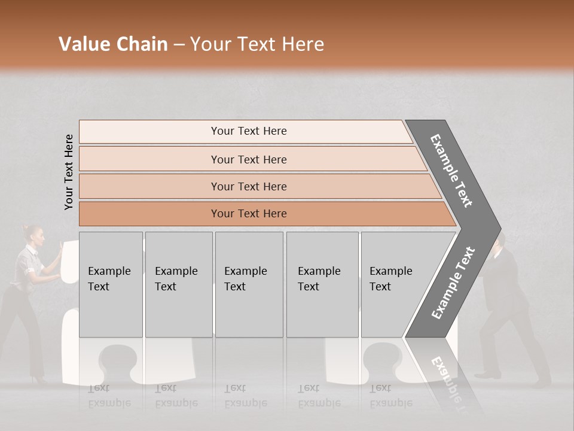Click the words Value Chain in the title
click(x=113, y=44)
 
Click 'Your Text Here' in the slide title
click(x=257, y=44)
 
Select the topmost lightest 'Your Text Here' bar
click(x=248, y=131)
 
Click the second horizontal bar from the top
click(x=248, y=159)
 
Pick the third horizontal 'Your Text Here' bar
click(x=248, y=186)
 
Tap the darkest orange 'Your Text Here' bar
click(x=248, y=214)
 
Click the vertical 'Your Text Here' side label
click(x=69, y=172)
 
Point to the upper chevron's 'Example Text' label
click(x=451, y=171)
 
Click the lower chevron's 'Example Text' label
click(x=453, y=283)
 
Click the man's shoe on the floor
click(x=488, y=375)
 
